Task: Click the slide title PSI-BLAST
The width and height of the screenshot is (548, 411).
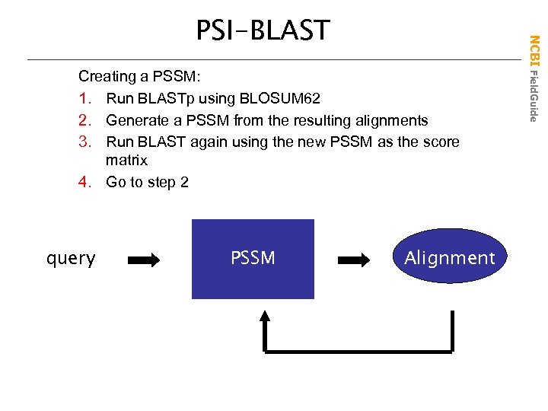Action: point(263,30)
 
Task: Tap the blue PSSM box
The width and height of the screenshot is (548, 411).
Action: point(253,259)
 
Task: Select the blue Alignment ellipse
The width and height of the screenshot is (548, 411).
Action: point(449,258)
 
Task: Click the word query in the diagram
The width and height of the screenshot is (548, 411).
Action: point(71,259)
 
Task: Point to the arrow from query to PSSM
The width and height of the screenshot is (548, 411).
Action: point(144,260)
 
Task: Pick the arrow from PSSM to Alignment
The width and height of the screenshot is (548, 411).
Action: point(353,260)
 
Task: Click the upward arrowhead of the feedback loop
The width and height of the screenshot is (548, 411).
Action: point(264,318)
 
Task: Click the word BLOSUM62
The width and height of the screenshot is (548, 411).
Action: point(280,99)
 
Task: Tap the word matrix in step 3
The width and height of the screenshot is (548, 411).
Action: point(126,161)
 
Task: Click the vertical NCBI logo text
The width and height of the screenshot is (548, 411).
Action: point(534,51)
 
